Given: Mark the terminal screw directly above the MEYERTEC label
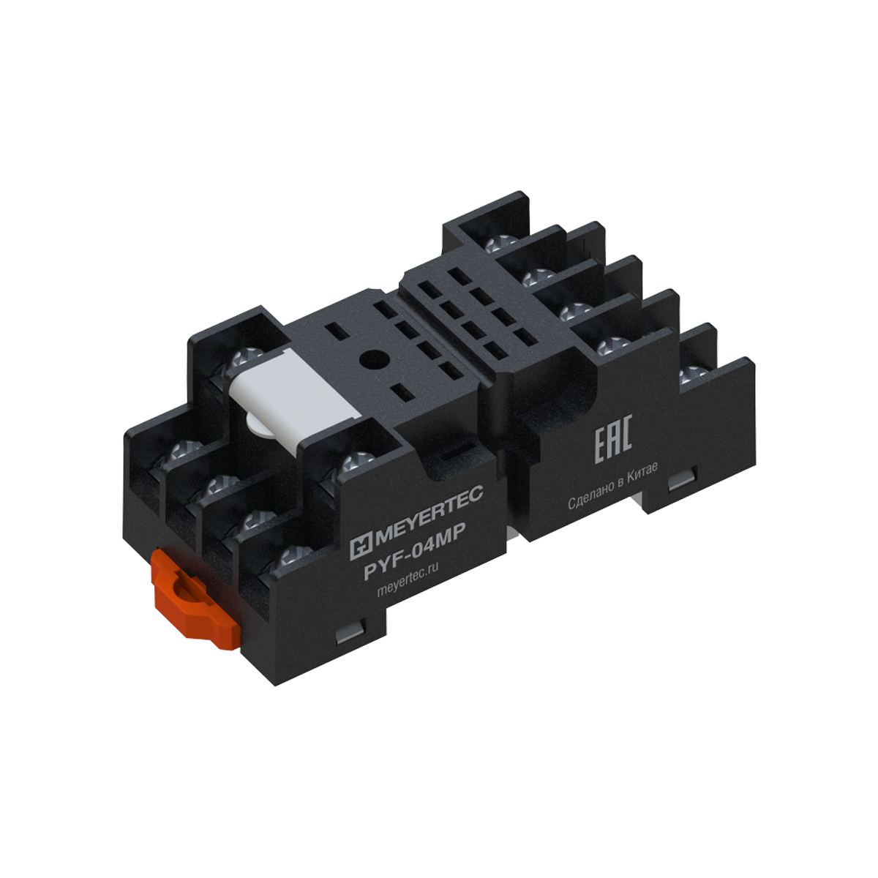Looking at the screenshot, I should pyautogui.click(x=358, y=462).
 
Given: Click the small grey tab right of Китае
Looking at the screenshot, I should pyautogui.click(x=680, y=479).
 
